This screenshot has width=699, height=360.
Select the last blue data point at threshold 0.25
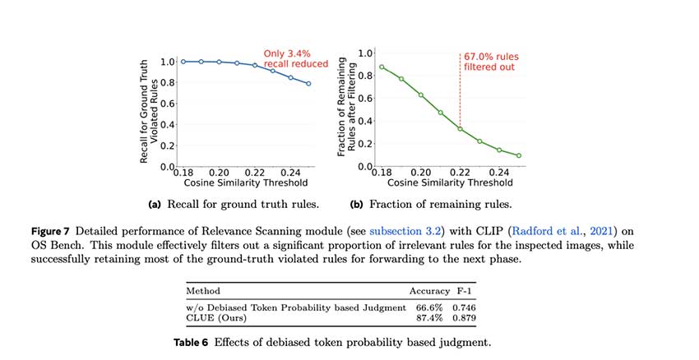tap(308, 84)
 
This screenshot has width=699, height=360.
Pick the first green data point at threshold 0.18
tap(382, 67)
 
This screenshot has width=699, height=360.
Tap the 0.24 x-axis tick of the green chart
tap(500, 173)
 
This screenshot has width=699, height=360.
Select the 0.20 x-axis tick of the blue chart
tap(219, 173)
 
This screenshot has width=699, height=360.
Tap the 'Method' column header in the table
tap(203, 291)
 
